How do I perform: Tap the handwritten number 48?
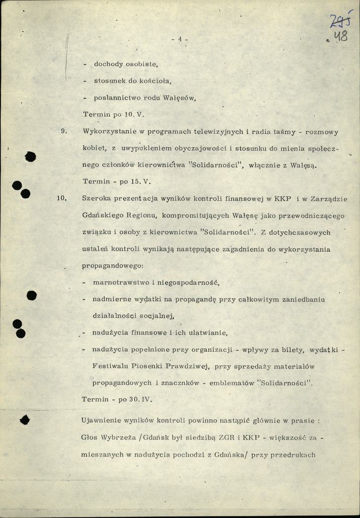[340, 36]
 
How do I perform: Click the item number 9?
[64, 132]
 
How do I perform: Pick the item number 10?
[62, 198]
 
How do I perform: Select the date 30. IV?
[140, 399]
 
